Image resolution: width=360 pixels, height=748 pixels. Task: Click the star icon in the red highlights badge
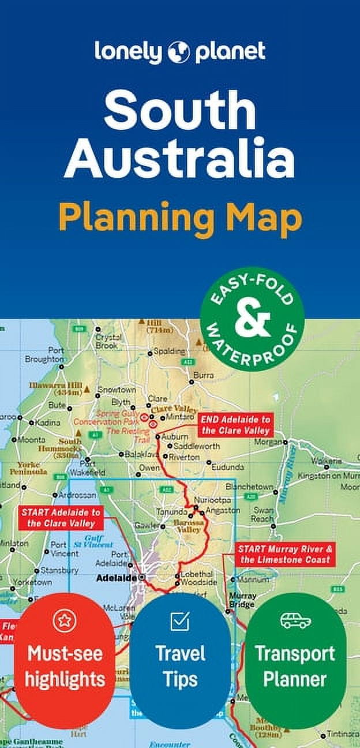(65, 621)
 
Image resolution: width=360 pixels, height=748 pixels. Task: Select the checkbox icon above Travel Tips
(180, 621)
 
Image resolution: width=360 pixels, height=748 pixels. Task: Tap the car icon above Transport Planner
(295, 621)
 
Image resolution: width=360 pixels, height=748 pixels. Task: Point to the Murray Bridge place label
(242, 600)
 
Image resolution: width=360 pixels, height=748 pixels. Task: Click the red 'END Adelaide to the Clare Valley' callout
(235, 425)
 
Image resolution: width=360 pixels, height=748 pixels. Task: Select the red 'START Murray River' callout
(285, 554)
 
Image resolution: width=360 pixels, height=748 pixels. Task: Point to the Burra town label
(202, 375)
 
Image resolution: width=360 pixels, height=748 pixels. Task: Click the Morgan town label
(267, 442)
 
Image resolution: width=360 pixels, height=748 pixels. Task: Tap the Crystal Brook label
(107, 341)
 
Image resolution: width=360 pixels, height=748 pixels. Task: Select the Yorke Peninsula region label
(32, 467)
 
